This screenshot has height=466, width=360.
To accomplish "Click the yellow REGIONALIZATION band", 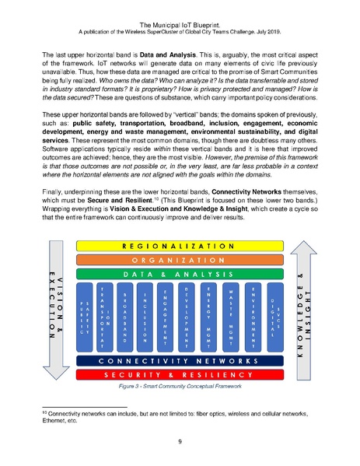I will tap(180, 245).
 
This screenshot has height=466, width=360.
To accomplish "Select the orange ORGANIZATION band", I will tap(180, 259).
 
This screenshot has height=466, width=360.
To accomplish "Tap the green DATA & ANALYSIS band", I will tap(180, 274).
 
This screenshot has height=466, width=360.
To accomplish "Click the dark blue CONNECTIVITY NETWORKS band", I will tap(180, 361).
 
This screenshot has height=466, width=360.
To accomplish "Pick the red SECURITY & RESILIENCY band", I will tap(180, 375).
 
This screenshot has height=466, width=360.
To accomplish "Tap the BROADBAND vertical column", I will tap(147, 317).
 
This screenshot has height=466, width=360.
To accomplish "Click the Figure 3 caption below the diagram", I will tap(180, 386).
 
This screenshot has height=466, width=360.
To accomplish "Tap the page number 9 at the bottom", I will tap(180, 440).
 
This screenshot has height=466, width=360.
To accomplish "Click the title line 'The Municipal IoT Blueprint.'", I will tap(180, 12).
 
